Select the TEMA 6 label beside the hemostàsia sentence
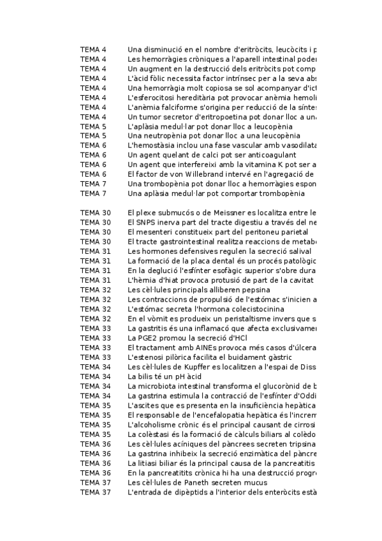click(93, 145)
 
